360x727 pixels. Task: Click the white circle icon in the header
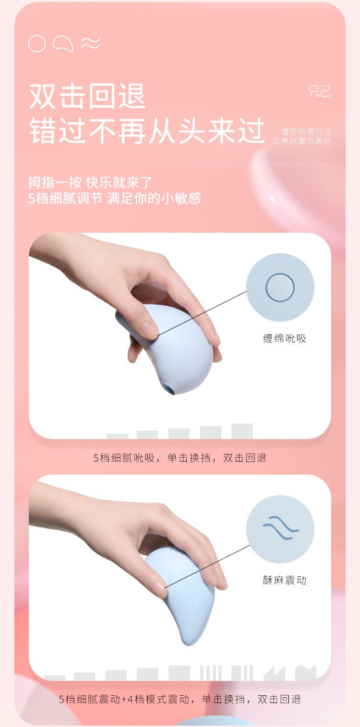pyautogui.click(x=37, y=44)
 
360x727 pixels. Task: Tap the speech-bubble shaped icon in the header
pyautogui.click(x=63, y=44)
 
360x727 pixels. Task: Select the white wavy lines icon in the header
pyautogui.click(x=90, y=43)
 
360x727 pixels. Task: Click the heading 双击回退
pyautogui.click(x=87, y=96)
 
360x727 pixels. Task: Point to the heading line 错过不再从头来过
pyautogui.click(x=147, y=131)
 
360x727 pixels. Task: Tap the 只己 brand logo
pyautogui.click(x=320, y=91)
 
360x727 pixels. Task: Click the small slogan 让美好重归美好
pyautogui.click(x=302, y=141)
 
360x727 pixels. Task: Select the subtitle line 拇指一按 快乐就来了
pyautogui.click(x=90, y=183)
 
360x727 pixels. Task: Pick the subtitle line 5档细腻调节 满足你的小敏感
pyautogui.click(x=114, y=198)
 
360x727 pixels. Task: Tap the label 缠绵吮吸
pyautogui.click(x=285, y=338)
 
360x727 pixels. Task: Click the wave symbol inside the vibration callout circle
pyautogui.click(x=280, y=527)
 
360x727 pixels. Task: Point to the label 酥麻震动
pyautogui.click(x=285, y=580)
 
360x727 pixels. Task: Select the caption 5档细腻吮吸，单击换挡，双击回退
pyautogui.click(x=180, y=458)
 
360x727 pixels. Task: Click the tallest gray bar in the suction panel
pyautogui.click(x=242, y=431)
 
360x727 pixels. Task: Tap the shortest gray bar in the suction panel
pyautogui.click(x=118, y=436)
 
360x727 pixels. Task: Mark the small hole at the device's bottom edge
pyautogui.click(x=169, y=388)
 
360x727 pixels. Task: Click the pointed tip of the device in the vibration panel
pyautogui.click(x=187, y=644)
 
